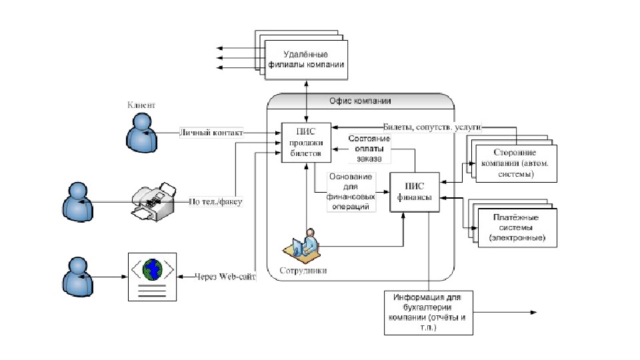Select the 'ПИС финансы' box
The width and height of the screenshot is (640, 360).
pos(415,192)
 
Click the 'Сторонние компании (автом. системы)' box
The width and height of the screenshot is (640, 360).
pos(517,163)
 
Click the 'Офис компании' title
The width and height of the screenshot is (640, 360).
pos(360,101)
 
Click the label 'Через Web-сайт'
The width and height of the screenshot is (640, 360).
pos(225,276)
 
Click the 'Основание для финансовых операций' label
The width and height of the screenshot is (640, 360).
pos(351,192)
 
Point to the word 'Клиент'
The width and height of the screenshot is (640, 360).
pos(141,105)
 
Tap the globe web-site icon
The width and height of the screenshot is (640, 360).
pos(152,269)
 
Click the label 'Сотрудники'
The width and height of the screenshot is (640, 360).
pos(303,272)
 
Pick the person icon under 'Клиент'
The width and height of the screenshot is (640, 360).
pos(141,131)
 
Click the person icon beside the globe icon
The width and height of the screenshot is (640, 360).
pos(78,276)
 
